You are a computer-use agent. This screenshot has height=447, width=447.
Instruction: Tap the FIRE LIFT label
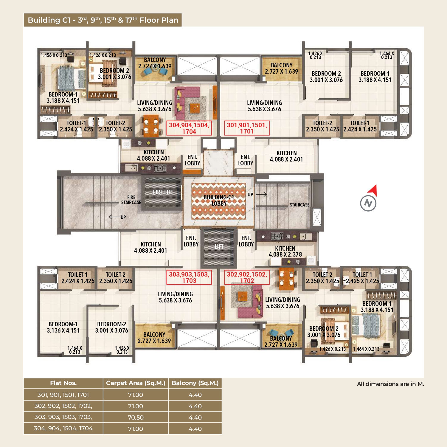point(163,192)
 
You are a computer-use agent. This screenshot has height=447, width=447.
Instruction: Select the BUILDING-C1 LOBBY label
point(219,200)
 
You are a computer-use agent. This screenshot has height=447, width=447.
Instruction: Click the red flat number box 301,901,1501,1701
point(247,128)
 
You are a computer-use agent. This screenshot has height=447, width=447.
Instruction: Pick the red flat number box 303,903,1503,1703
point(189,277)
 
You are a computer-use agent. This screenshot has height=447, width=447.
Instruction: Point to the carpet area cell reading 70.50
point(136,417)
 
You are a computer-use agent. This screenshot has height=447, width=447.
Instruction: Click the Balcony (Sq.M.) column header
point(195,383)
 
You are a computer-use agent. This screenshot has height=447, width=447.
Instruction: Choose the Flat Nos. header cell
point(63,383)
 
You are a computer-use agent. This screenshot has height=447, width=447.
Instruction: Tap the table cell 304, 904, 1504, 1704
point(63,428)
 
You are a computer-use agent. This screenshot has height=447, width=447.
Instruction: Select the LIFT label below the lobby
point(219,247)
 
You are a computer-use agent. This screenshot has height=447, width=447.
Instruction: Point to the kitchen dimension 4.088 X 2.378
point(285,254)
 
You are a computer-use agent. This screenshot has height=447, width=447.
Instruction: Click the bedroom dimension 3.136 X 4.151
point(63,330)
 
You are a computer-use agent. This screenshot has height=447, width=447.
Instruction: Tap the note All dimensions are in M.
point(390,384)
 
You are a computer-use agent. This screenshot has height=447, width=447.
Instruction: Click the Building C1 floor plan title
point(103,20)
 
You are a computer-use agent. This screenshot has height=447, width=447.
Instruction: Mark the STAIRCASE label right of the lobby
point(299,205)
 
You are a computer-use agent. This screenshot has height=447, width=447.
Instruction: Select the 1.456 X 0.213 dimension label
point(54,55)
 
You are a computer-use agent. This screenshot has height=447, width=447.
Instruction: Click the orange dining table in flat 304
point(151,126)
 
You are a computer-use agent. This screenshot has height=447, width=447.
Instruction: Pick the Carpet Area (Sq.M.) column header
point(136,383)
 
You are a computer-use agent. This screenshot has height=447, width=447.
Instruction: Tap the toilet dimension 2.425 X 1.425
point(362,281)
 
